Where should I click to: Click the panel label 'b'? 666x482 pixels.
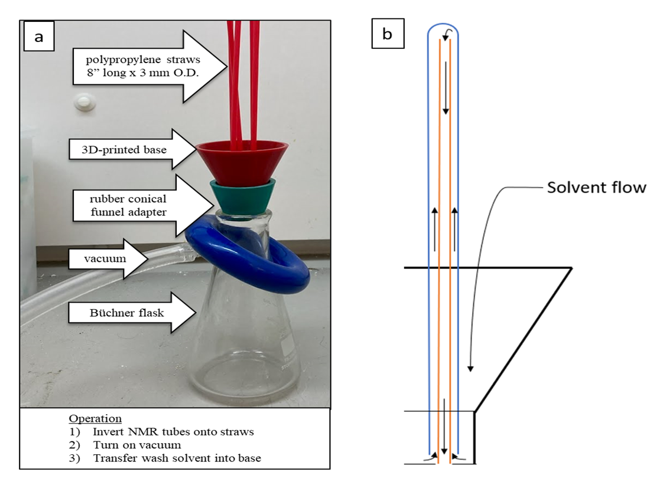(388, 34)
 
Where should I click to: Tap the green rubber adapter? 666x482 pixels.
(242, 195)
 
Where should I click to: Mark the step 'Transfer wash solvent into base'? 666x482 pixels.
(177, 458)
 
